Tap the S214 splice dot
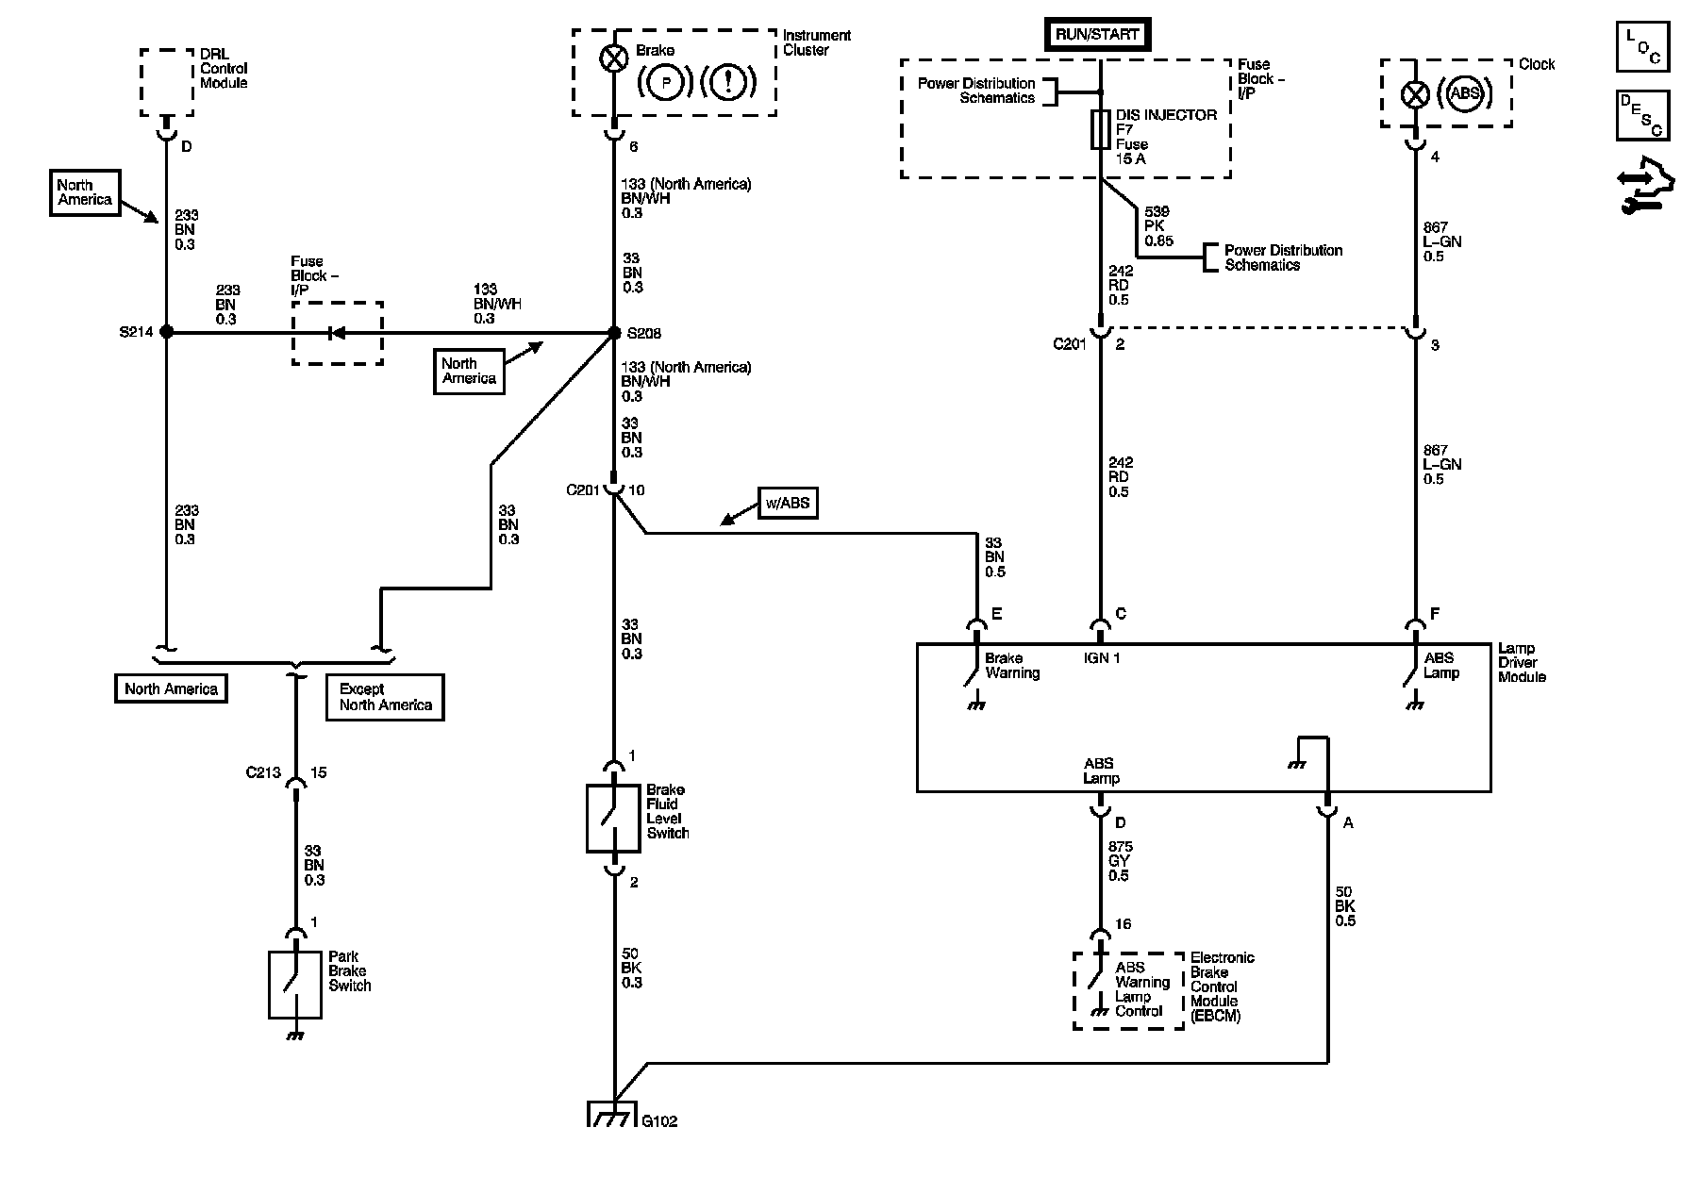pyautogui.click(x=166, y=332)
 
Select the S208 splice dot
pyautogui.click(x=614, y=332)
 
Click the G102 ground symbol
pyautogui.click(x=614, y=1113)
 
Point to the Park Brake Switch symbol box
pyautogui.click(x=295, y=985)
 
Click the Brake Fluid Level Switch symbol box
pyautogui.click(x=614, y=818)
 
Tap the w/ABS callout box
pyautogui.click(x=787, y=503)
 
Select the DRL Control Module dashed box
pyautogui.click(x=167, y=83)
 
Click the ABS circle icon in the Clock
pyautogui.click(x=1464, y=93)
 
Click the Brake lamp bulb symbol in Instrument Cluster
pyautogui.click(x=614, y=58)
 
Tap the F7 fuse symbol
pyautogui.click(x=1100, y=129)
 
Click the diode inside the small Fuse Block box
pyautogui.click(x=332, y=332)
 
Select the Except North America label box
pyautogui.click(x=385, y=697)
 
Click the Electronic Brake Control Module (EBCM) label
pyautogui.click(x=1223, y=986)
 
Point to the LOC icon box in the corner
pyautogui.click(x=1642, y=46)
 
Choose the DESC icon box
pyautogui.click(x=1642, y=115)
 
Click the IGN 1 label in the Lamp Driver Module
pyautogui.click(x=1102, y=657)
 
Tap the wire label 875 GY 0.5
pyautogui.click(x=1121, y=861)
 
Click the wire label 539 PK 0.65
pyautogui.click(x=1158, y=226)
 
